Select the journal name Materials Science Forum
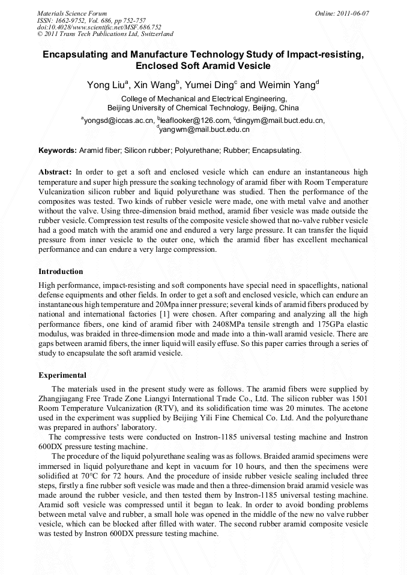[72, 13]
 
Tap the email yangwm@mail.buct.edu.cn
[204, 129]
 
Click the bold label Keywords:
[58, 150]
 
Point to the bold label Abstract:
[55, 171]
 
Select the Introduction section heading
[61, 272]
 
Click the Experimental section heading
[62, 375]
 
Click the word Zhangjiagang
[64, 398]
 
